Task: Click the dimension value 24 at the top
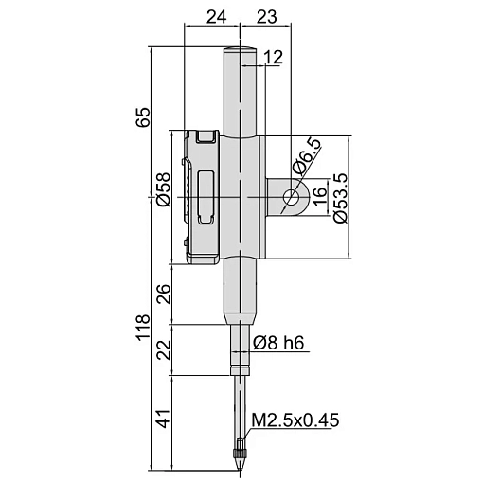[x=216, y=17]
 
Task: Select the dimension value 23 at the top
[x=267, y=17]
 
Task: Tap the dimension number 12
[x=273, y=58]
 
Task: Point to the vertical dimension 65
[x=143, y=117]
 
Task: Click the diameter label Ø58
[x=164, y=189]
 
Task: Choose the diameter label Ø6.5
[x=306, y=156]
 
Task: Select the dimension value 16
[x=319, y=197]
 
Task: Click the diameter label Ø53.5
[x=341, y=198]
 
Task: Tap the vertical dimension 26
[x=164, y=294]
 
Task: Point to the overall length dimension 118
[x=143, y=327]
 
